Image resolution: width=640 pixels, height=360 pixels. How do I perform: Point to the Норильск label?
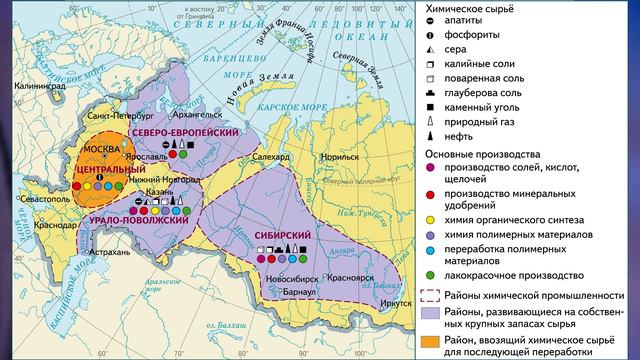tap(338, 156)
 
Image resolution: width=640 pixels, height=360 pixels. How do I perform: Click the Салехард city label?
tap(272, 156)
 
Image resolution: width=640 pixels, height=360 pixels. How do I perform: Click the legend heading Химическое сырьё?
tap(465, 7)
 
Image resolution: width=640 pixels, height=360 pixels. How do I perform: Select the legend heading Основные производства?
tap(477, 154)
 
